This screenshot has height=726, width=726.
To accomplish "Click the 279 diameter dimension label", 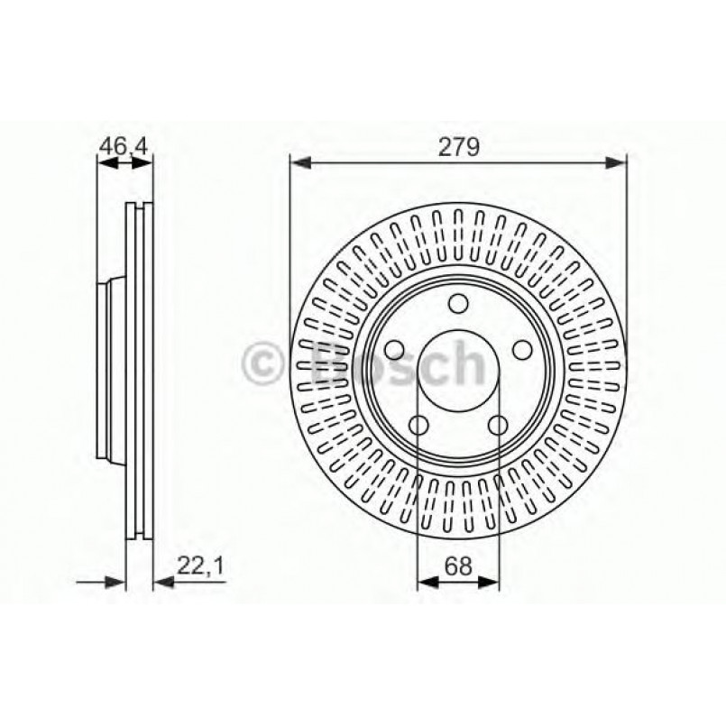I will pyautogui.click(x=458, y=146).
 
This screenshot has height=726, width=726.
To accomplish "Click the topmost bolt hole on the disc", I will pyautogui.click(x=458, y=304).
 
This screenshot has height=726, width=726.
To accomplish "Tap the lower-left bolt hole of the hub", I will pyautogui.click(x=418, y=425).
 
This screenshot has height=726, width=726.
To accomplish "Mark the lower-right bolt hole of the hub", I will pyautogui.click(x=498, y=425).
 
